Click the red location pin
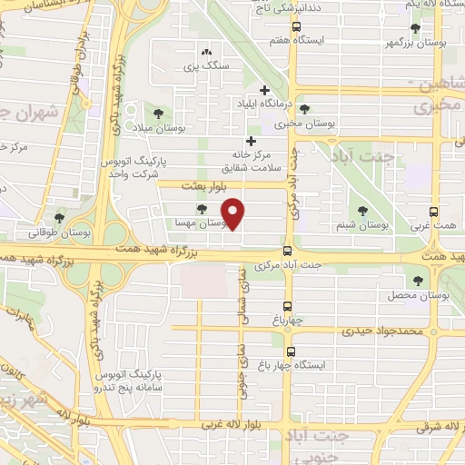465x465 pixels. [235, 213]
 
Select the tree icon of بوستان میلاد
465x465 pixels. [159, 114]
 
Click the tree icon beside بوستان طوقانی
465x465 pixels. [59, 218]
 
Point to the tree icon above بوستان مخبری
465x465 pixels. [304, 107]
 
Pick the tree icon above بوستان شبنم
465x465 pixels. [363, 210]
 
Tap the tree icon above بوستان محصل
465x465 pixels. [418, 282]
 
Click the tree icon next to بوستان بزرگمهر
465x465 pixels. [440, 28]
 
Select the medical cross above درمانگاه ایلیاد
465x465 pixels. [264, 90]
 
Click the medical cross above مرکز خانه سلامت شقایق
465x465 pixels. [251, 141]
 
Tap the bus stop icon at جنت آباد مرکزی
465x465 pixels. [288, 252]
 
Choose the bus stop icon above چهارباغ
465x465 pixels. [288, 306]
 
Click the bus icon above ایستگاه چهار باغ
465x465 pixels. [291, 351]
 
